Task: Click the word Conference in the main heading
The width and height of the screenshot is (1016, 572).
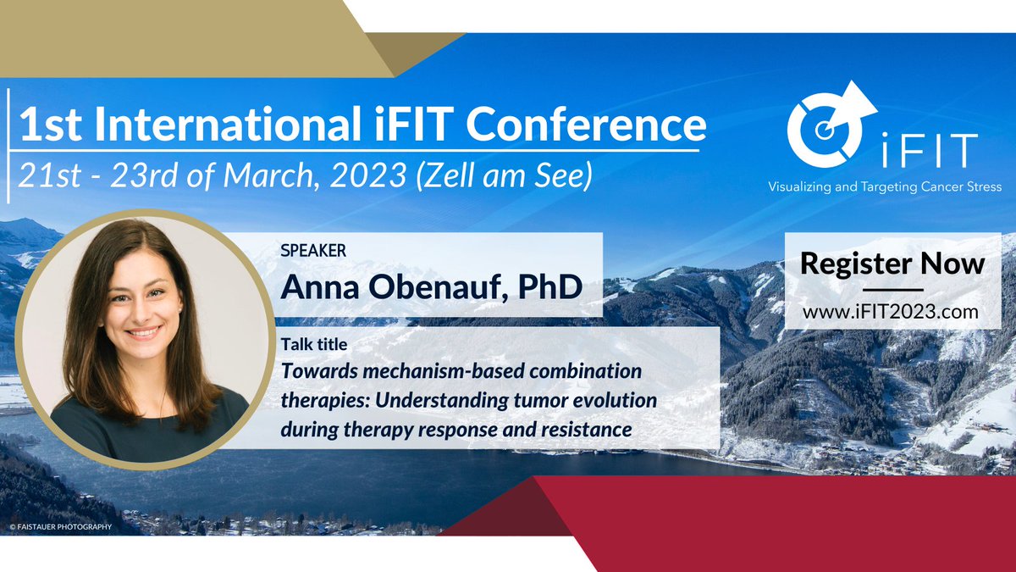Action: pyautogui.click(x=586, y=125)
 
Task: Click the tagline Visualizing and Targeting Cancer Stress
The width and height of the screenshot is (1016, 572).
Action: pyautogui.click(x=884, y=186)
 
